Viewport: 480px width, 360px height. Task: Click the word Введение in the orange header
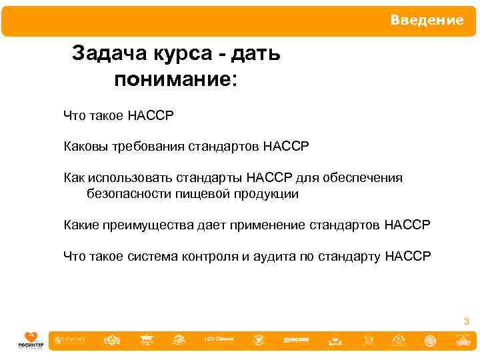[427, 20]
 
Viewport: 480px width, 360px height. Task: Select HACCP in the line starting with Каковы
[286, 146]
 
